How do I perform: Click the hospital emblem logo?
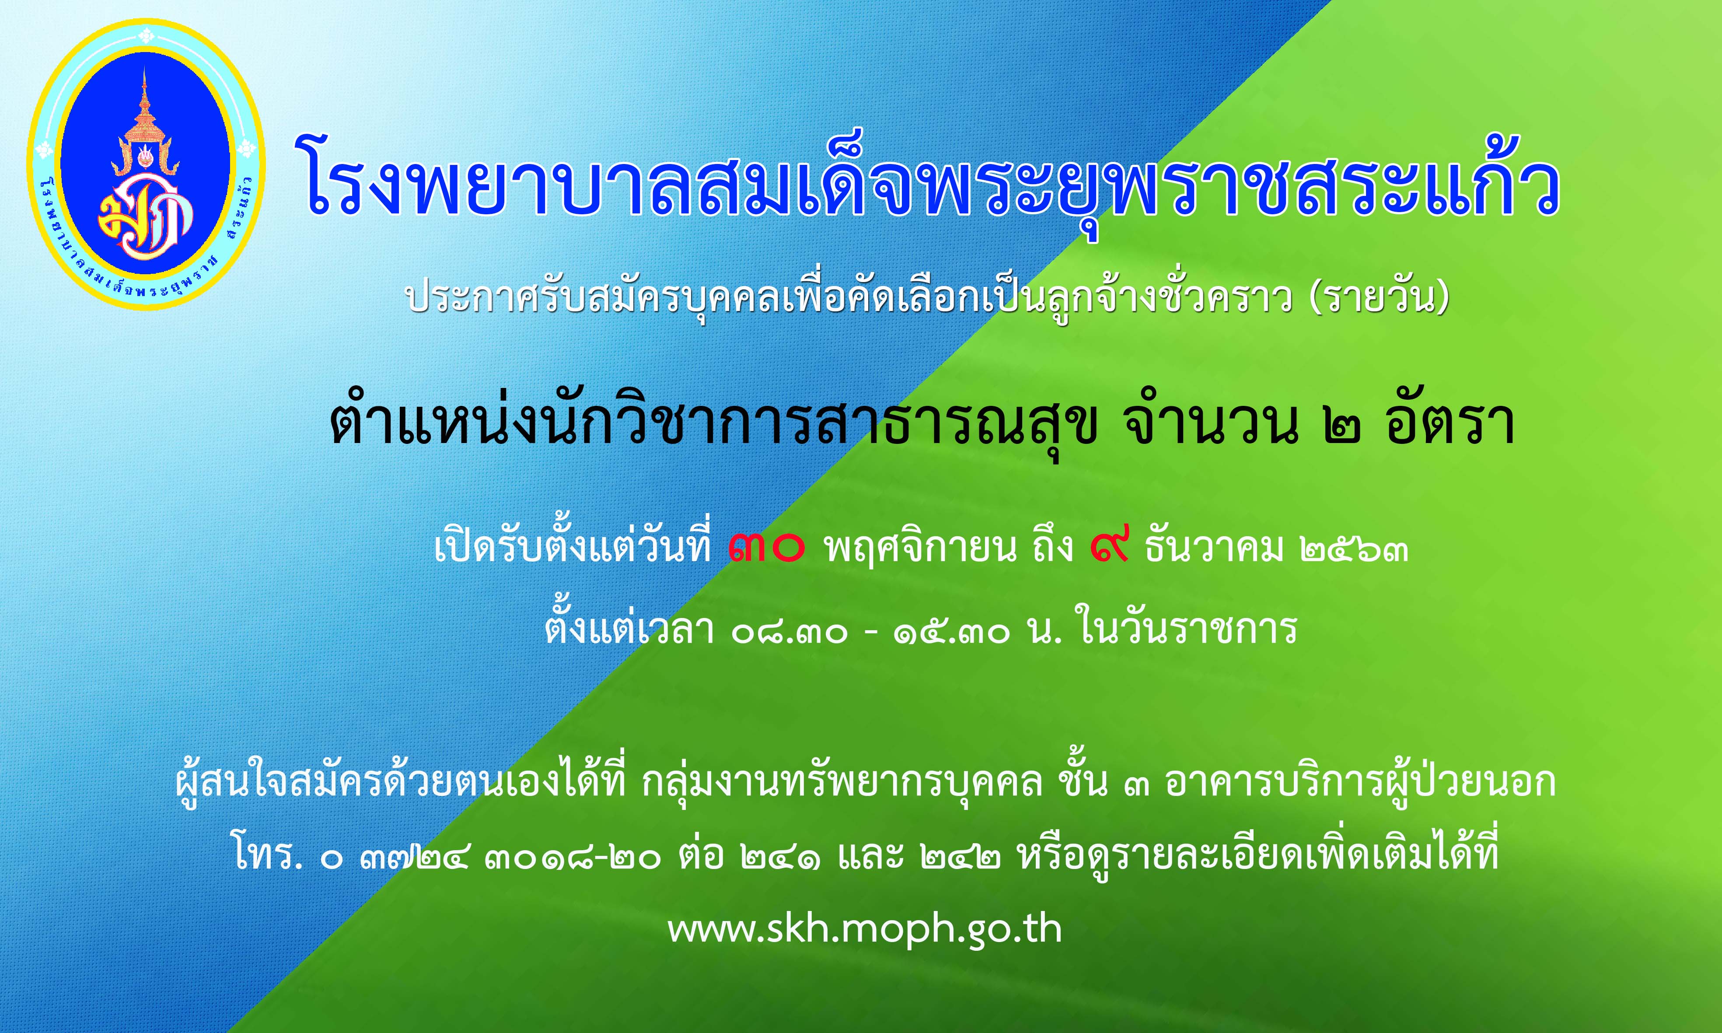pos(146,164)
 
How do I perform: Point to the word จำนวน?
pos(1213,421)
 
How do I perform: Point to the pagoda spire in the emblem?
pos(145,105)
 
